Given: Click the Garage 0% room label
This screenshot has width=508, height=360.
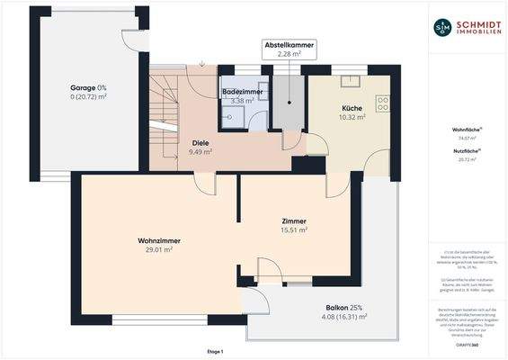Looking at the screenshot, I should point(88,87).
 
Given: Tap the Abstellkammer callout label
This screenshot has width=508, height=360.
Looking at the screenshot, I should point(289,44).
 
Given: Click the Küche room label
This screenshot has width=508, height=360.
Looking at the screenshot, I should point(352,107).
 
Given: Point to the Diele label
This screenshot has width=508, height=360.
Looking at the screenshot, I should point(201,142).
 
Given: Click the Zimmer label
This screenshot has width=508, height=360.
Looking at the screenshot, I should point(294,220).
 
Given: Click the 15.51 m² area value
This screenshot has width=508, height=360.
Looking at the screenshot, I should point(294,229).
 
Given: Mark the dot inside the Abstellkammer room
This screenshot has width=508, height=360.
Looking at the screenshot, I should point(289,102).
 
